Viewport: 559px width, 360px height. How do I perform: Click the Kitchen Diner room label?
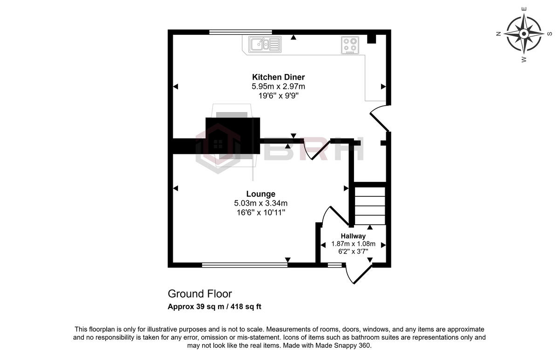[x=279, y=77]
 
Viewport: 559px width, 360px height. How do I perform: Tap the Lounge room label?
[x=261, y=194]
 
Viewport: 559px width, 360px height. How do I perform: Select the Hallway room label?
[x=353, y=236]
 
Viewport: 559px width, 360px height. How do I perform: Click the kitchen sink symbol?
[x=265, y=44]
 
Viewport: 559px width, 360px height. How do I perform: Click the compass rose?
[x=524, y=33]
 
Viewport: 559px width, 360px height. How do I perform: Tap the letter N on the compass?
[x=498, y=33]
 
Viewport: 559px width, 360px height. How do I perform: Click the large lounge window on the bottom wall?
[x=245, y=265]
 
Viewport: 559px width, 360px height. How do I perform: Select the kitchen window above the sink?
[x=240, y=32]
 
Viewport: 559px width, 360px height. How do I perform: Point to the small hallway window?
[x=334, y=265]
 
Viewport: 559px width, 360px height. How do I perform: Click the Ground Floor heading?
[x=199, y=294]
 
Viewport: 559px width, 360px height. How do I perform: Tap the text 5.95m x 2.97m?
[x=279, y=87]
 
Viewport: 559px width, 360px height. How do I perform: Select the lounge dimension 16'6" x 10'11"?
[x=261, y=213]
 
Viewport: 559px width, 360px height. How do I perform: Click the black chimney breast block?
[x=232, y=135]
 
